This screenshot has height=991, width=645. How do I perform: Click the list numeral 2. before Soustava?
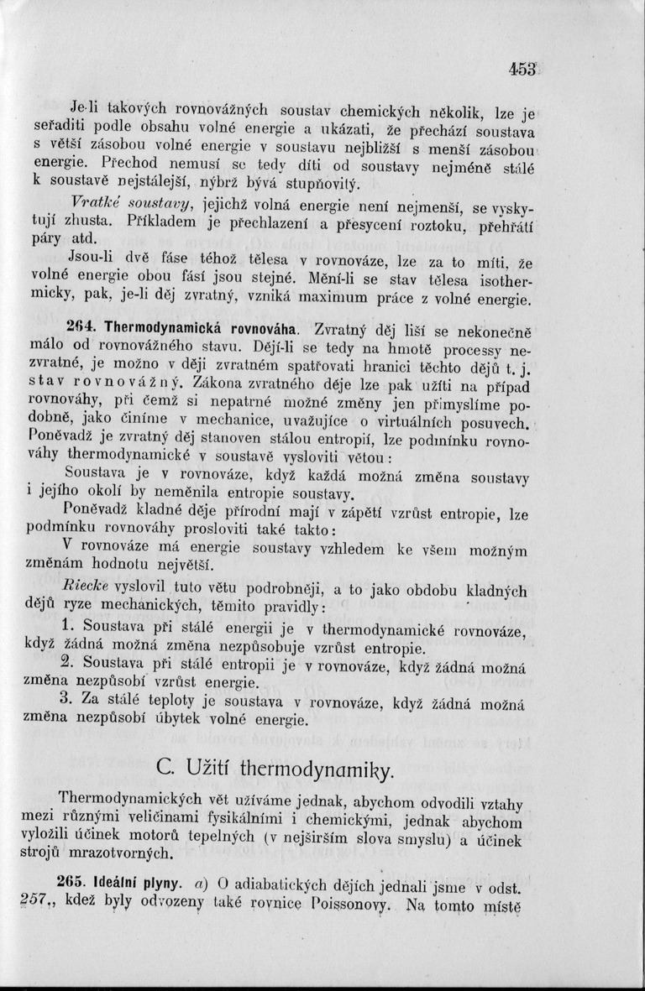pos(70,664)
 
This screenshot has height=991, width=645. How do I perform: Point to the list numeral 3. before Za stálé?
pos(70,699)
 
